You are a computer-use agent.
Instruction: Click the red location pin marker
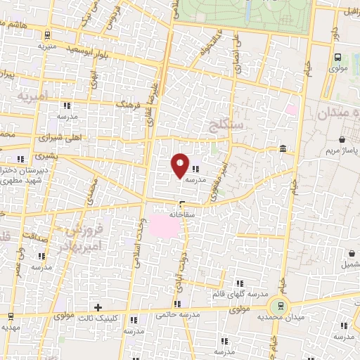180,165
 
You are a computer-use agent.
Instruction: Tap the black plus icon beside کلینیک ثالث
98,307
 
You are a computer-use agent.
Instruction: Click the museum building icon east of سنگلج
282,148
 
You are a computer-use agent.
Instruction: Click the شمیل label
345,264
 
